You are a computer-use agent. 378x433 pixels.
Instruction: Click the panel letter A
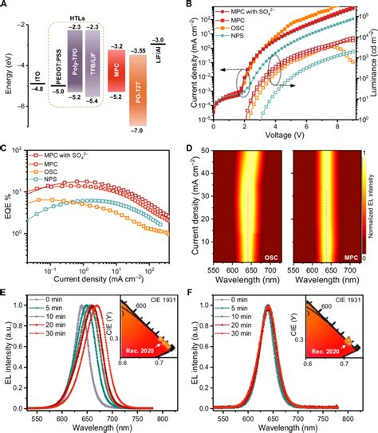6,6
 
